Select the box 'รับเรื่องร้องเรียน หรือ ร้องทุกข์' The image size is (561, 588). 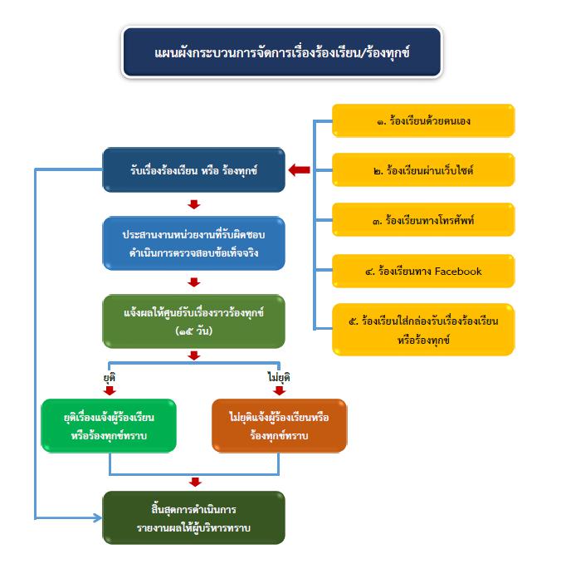coord(193,169)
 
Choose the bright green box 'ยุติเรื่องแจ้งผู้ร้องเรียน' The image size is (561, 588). coord(109,425)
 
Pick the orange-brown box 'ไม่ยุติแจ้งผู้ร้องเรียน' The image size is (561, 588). coord(279,425)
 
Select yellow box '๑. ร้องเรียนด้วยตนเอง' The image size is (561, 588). coord(423,120)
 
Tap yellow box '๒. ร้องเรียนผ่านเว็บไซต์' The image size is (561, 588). coord(423,170)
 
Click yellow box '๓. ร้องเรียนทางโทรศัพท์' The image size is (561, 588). coord(423,220)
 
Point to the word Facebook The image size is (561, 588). coord(451,271)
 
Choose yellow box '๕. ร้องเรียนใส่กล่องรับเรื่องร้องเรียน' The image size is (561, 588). coord(423,328)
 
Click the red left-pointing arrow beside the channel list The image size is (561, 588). coord(300,170)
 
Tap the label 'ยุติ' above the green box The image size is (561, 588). coord(108,376)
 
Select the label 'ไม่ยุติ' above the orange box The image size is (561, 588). coord(279,376)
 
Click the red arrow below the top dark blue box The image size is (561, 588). coord(194,203)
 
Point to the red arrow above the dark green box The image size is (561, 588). coord(194,482)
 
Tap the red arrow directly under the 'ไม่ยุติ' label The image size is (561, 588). coord(279,390)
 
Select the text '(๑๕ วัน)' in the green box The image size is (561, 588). coord(194,331)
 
